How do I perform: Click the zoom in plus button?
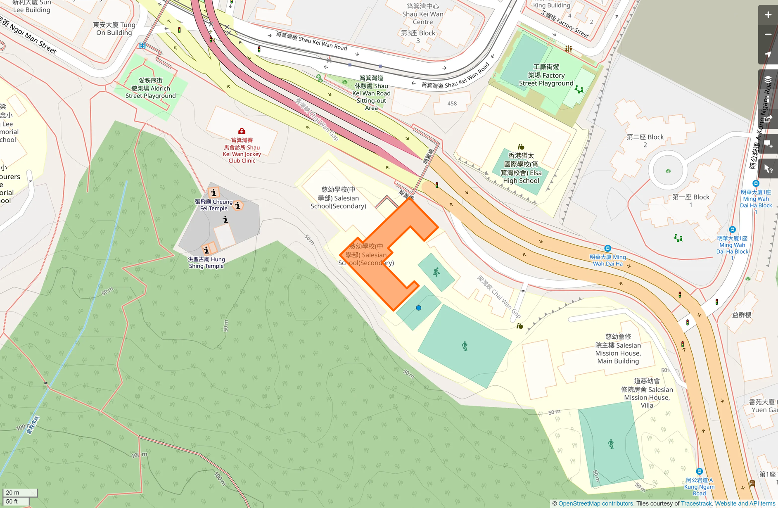[x=768, y=15]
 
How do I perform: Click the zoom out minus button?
[x=768, y=35]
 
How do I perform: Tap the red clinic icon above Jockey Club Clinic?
[x=242, y=131]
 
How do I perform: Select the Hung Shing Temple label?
[x=206, y=262]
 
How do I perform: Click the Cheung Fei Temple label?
[x=213, y=205]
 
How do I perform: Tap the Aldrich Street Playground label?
[x=151, y=88]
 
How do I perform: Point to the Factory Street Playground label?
[x=546, y=75]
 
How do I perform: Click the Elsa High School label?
[x=521, y=168]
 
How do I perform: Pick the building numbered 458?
[x=452, y=103]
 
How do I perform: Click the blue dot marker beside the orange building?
[x=419, y=308]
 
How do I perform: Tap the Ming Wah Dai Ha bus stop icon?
[x=607, y=248]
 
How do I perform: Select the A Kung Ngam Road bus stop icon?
[x=699, y=471]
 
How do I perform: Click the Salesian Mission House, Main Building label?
[x=618, y=349]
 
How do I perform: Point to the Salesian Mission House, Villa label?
[x=647, y=393]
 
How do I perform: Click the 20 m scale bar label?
[x=13, y=493]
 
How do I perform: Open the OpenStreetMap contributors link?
[x=596, y=503]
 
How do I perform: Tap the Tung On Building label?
[x=114, y=29]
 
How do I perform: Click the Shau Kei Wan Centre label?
[x=423, y=14]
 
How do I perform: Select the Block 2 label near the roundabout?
[x=645, y=141]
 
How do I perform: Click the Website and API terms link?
[x=745, y=503]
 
